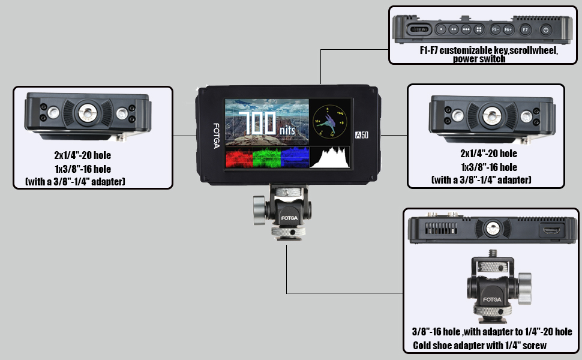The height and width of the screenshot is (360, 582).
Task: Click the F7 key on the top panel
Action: pyautogui.click(x=525, y=29)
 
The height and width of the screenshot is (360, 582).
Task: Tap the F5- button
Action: pyautogui.click(x=496, y=29)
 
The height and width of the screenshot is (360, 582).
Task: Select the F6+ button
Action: pyautogui.click(x=508, y=29)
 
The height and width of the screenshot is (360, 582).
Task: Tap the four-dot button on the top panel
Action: pyautogui.click(x=479, y=29)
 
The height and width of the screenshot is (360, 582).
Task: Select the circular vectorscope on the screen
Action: pyautogui.click(x=329, y=121)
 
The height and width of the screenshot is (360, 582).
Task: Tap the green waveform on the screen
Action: pyautogui.click(x=266, y=158)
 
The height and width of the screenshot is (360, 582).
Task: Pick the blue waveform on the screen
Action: pyautogui.click(x=295, y=158)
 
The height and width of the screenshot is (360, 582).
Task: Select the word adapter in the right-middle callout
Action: pyautogui.click(x=509, y=179)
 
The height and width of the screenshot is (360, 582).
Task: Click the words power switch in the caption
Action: pyautogui.click(x=479, y=59)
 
